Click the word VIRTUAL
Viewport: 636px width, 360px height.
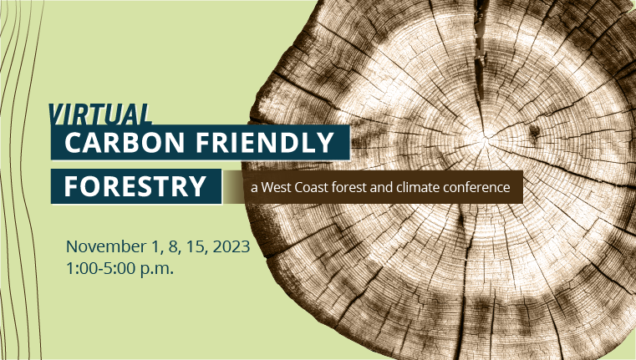[x=100, y=114]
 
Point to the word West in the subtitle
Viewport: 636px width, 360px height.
[x=277, y=188]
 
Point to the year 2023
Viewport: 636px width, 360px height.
[x=230, y=247]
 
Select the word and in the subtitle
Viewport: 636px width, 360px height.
[x=380, y=188]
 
